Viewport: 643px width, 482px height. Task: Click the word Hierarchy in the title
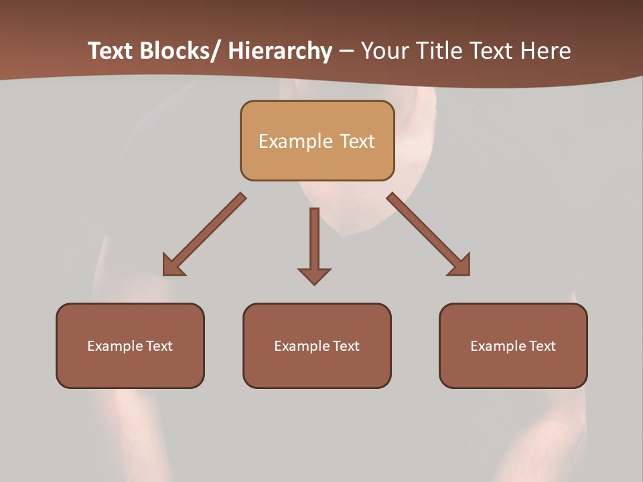coord(280,51)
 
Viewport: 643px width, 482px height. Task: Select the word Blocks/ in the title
coord(178,51)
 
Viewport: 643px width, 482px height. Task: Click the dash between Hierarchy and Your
coord(346,52)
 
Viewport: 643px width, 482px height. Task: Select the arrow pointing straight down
coord(314,248)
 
